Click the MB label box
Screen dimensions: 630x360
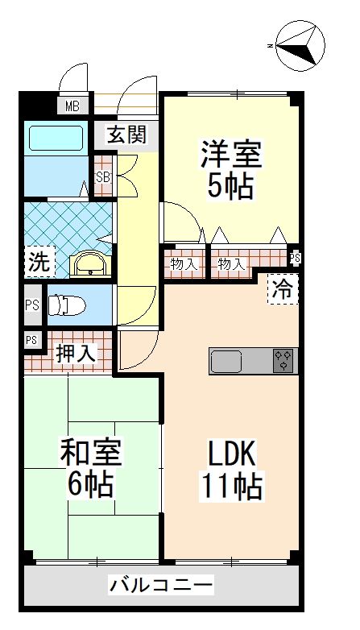click(72, 106)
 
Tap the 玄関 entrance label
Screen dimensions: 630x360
click(128, 135)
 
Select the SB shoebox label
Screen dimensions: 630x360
click(104, 177)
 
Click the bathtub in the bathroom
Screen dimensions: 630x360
click(56, 138)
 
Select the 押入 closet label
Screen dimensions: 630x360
click(76, 351)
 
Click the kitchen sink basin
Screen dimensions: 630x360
click(233, 360)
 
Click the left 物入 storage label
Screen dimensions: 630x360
click(185, 263)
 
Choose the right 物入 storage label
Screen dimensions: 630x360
click(232, 263)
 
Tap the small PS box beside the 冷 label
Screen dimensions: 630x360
click(295, 258)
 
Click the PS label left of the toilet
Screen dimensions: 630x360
click(31, 305)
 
